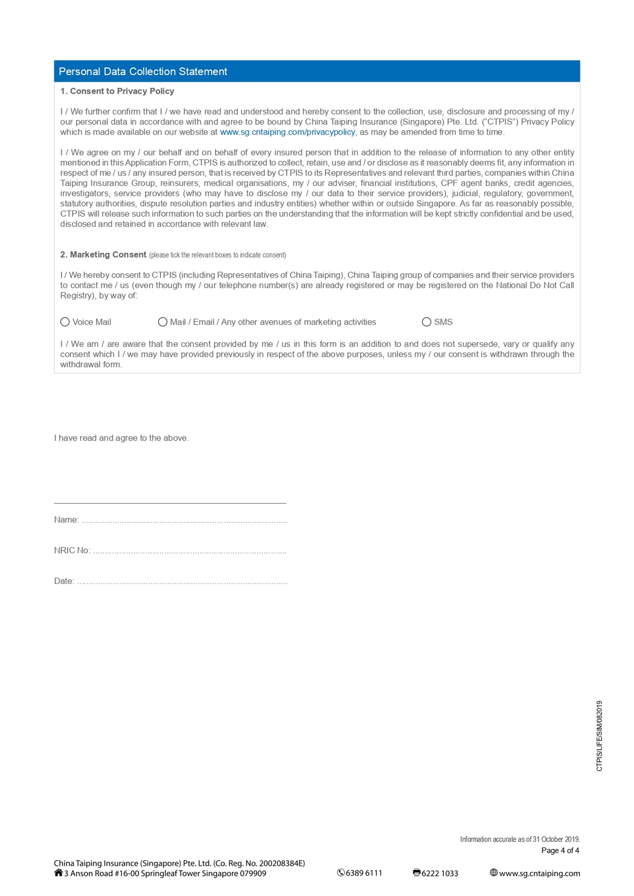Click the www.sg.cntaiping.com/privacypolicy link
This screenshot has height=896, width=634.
(287, 132)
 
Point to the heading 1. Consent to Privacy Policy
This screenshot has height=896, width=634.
(117, 91)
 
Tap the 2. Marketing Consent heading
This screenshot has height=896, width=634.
(103, 254)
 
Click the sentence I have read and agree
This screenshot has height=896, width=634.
(121, 438)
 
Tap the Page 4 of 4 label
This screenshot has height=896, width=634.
(560, 850)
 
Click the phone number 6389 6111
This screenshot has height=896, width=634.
(363, 873)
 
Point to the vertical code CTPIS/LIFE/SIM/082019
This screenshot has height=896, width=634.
(599, 736)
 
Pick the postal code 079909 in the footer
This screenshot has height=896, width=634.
(253, 873)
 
